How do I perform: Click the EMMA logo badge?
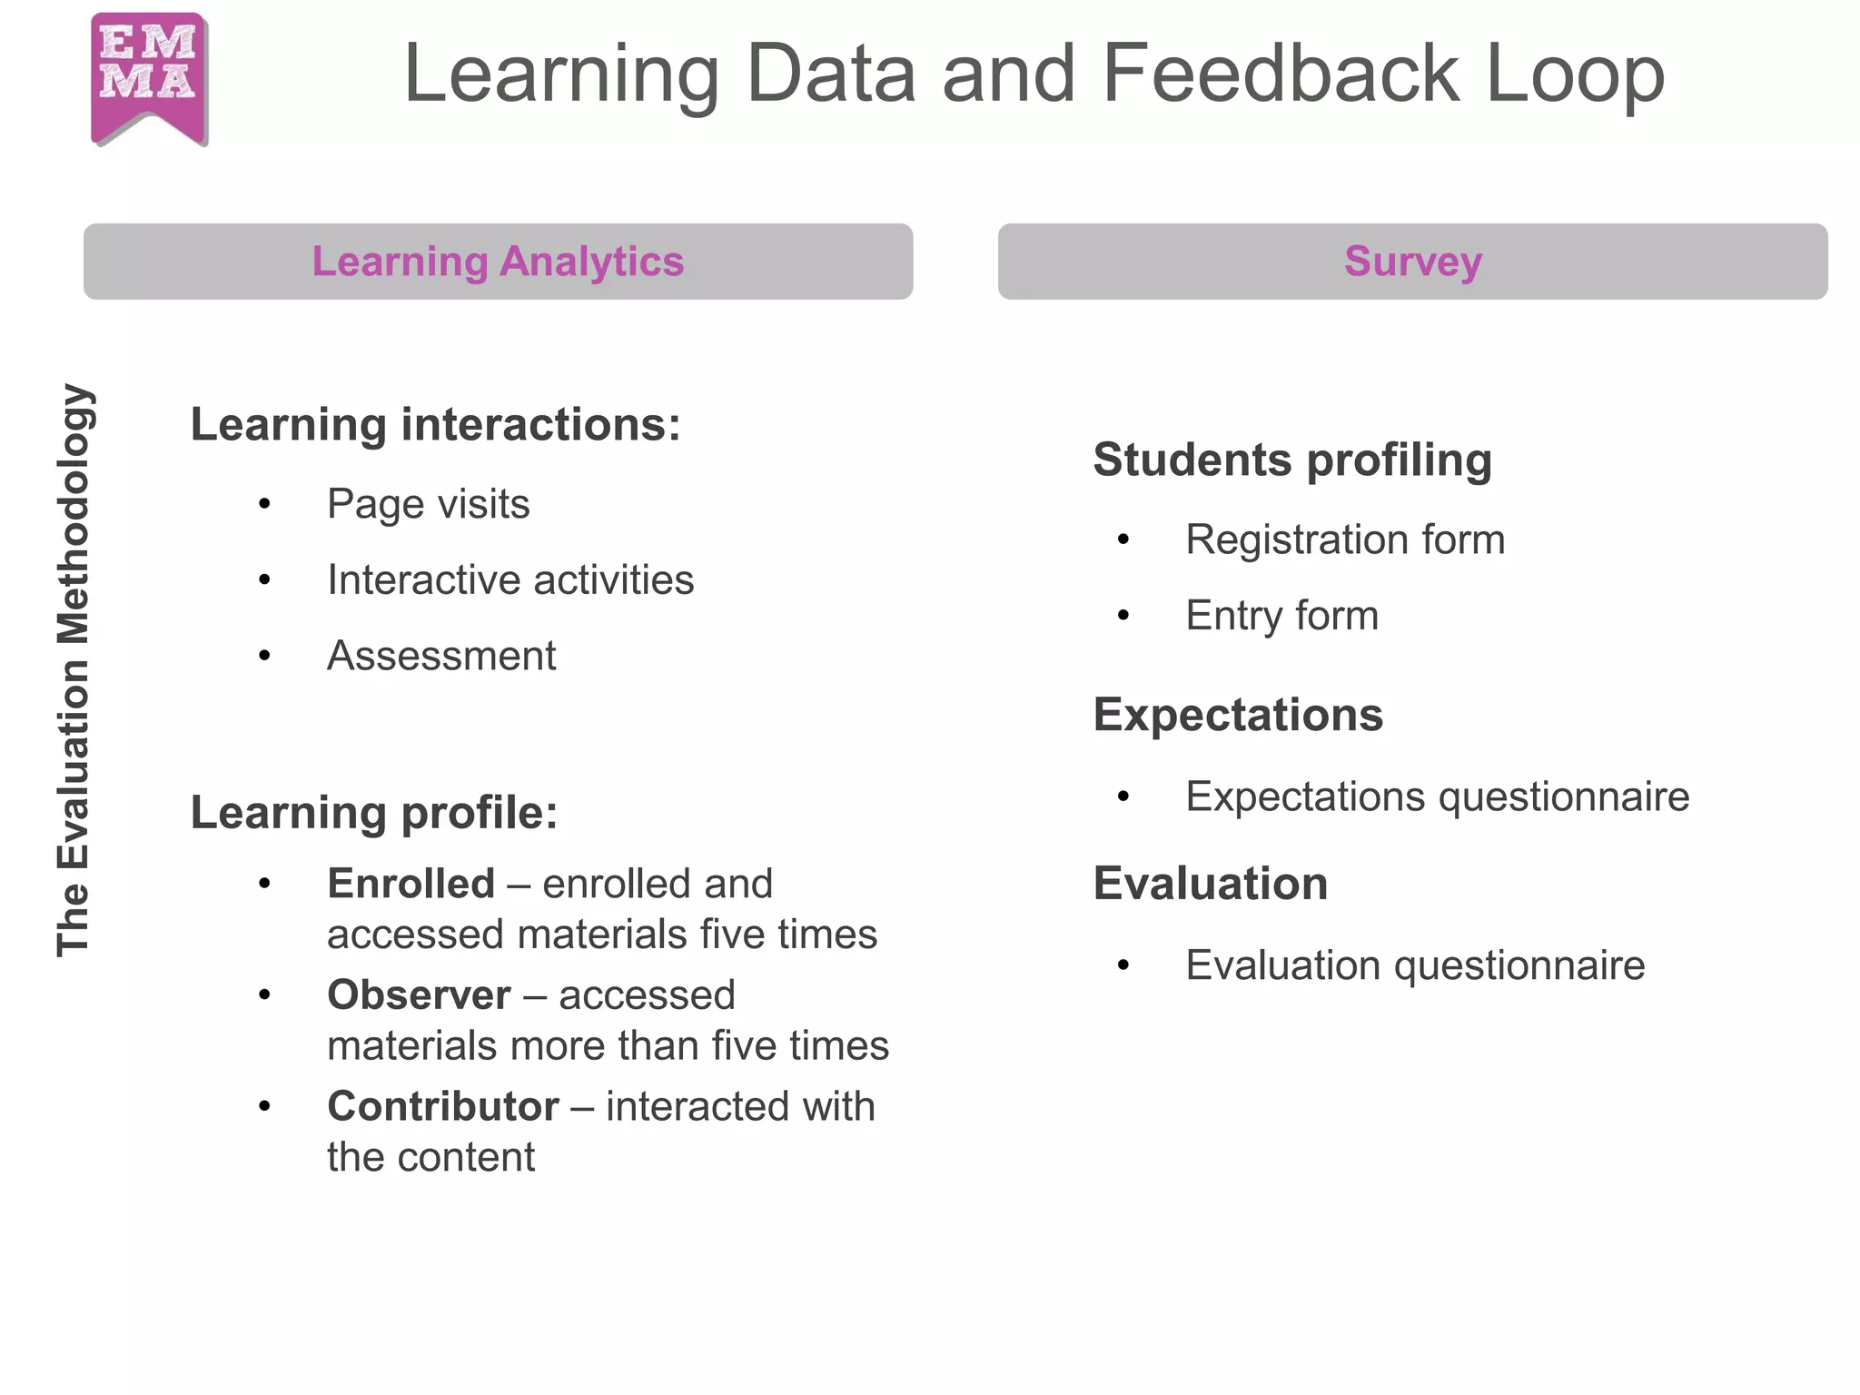click(x=149, y=77)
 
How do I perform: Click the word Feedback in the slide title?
click(x=1281, y=74)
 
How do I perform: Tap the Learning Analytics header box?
click(x=498, y=262)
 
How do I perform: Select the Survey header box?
click(x=1412, y=262)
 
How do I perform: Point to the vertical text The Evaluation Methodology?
click(x=74, y=670)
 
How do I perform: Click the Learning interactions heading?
click(x=435, y=425)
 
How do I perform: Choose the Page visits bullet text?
click(x=428, y=504)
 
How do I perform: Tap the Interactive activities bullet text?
click(x=510, y=580)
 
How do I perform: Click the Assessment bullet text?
click(x=441, y=656)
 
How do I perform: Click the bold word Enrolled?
click(x=411, y=884)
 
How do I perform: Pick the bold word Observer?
click(x=419, y=995)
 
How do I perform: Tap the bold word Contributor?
click(x=443, y=1107)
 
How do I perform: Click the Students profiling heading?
click(x=1292, y=460)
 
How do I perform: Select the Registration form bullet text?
click(x=1345, y=539)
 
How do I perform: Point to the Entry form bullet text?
click(x=1281, y=616)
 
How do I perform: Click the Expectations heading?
click(x=1238, y=715)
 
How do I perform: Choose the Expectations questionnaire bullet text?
click(x=1437, y=796)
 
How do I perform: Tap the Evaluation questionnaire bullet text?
click(x=1415, y=965)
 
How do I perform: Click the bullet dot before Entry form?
click(x=1123, y=616)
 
